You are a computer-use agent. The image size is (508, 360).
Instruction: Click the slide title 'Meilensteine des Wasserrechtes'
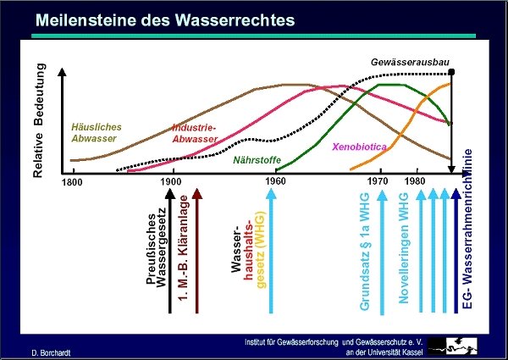click(x=165, y=20)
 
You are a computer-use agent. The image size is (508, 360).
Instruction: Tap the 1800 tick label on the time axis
click(x=72, y=182)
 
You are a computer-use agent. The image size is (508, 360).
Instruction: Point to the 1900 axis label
click(x=171, y=181)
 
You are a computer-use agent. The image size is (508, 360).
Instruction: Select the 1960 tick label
click(x=275, y=181)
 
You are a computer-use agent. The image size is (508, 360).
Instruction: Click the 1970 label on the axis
click(x=378, y=180)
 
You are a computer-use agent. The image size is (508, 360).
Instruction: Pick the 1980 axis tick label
click(x=415, y=180)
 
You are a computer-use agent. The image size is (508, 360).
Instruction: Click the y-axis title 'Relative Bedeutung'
click(x=39, y=120)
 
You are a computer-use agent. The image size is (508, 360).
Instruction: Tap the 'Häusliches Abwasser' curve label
click(x=97, y=132)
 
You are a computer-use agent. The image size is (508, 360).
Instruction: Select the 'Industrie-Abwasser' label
click(x=195, y=133)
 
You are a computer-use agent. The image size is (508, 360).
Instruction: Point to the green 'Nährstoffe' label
click(x=257, y=160)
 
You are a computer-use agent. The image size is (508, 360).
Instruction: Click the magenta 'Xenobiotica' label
click(x=359, y=147)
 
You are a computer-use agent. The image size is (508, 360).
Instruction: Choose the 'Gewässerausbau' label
click(x=410, y=62)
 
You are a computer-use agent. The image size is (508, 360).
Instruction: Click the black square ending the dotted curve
click(x=451, y=72)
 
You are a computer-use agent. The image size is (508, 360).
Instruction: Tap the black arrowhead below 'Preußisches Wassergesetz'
click(x=170, y=194)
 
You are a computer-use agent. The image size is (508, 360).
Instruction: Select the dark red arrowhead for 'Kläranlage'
click(x=197, y=194)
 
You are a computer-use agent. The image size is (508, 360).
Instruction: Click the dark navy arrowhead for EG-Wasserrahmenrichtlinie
click(x=456, y=194)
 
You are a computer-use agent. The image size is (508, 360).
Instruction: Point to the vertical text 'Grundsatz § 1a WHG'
click(x=364, y=252)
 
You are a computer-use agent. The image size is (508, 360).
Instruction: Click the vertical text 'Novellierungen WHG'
click(x=404, y=248)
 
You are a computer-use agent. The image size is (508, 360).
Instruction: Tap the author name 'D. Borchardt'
click(x=51, y=353)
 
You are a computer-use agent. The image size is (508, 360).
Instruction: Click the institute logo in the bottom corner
click(x=453, y=346)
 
